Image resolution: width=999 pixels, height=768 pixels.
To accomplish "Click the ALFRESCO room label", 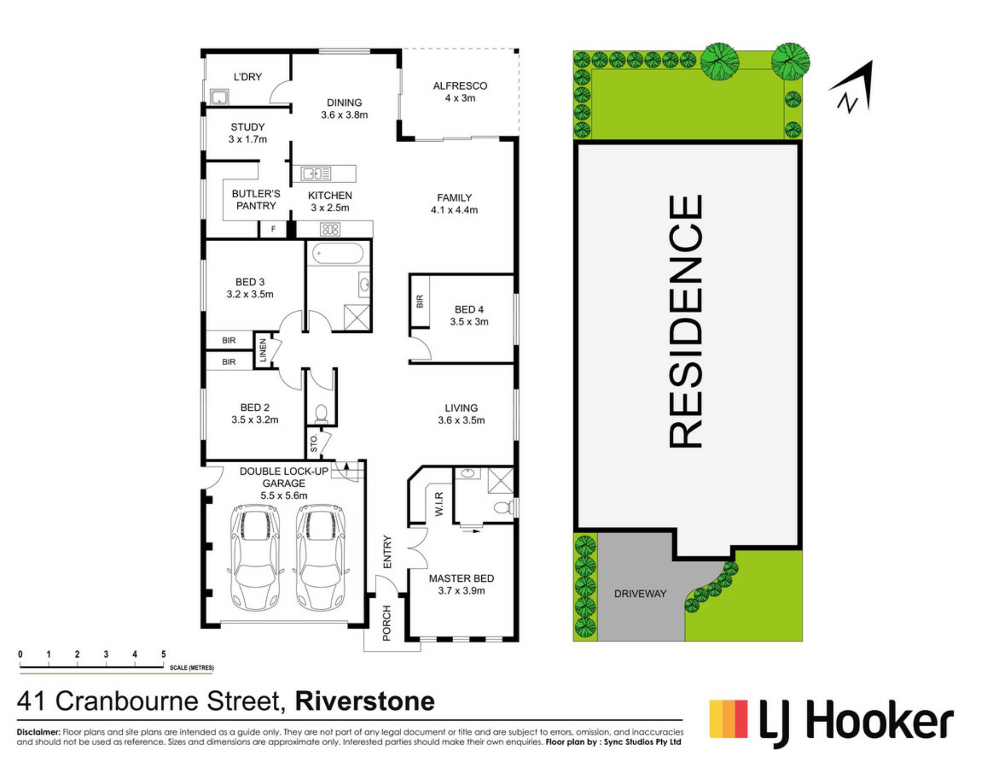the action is pos(460,85).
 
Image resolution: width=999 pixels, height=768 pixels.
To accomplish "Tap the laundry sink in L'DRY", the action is pos(220,97).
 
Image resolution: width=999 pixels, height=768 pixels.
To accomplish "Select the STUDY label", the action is pos(248,127).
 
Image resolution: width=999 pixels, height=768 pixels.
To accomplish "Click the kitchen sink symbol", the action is pos(316,173).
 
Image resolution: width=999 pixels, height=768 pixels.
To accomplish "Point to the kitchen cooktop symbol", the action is pos(330,229).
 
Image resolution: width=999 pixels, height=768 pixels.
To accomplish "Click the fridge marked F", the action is pos(273,229).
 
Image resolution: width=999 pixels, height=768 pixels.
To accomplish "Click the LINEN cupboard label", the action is pos(263,350).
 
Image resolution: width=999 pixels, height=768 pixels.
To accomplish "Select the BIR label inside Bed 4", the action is pos(419,301).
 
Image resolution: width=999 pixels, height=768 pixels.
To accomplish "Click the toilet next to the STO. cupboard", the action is pos(321,413).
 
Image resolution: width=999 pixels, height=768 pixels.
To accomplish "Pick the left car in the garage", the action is pos(255,557).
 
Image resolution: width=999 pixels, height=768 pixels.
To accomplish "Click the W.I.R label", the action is pos(440,504).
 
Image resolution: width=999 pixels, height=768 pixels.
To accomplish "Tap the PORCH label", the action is pos(387,623).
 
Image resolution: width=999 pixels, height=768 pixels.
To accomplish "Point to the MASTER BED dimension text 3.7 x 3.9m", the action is pos(462,590).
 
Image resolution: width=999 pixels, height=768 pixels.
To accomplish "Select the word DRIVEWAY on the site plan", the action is pos(640,594).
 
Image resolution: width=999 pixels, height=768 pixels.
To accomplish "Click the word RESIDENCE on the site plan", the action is pos(686,321).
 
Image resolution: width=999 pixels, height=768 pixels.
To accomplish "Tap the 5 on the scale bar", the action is pos(163,654).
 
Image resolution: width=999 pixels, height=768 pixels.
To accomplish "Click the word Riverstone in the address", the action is pos(365,701).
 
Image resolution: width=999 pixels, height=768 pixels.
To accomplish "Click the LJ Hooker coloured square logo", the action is pos(728,719).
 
